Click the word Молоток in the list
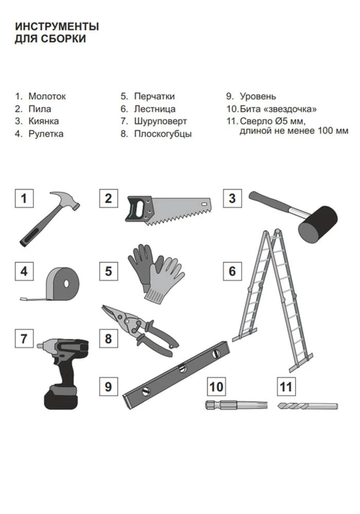47,97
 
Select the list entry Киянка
44,121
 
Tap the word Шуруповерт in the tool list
160,121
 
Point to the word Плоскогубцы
163,134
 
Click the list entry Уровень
258,97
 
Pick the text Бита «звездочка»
278,109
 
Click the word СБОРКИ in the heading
64,39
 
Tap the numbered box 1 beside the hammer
24,198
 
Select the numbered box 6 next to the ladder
232,271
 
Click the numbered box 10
216,387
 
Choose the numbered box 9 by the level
109,387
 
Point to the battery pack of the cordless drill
61,398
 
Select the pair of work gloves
156,273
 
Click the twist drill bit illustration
308,406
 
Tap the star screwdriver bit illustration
236,405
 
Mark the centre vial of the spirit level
182,369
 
